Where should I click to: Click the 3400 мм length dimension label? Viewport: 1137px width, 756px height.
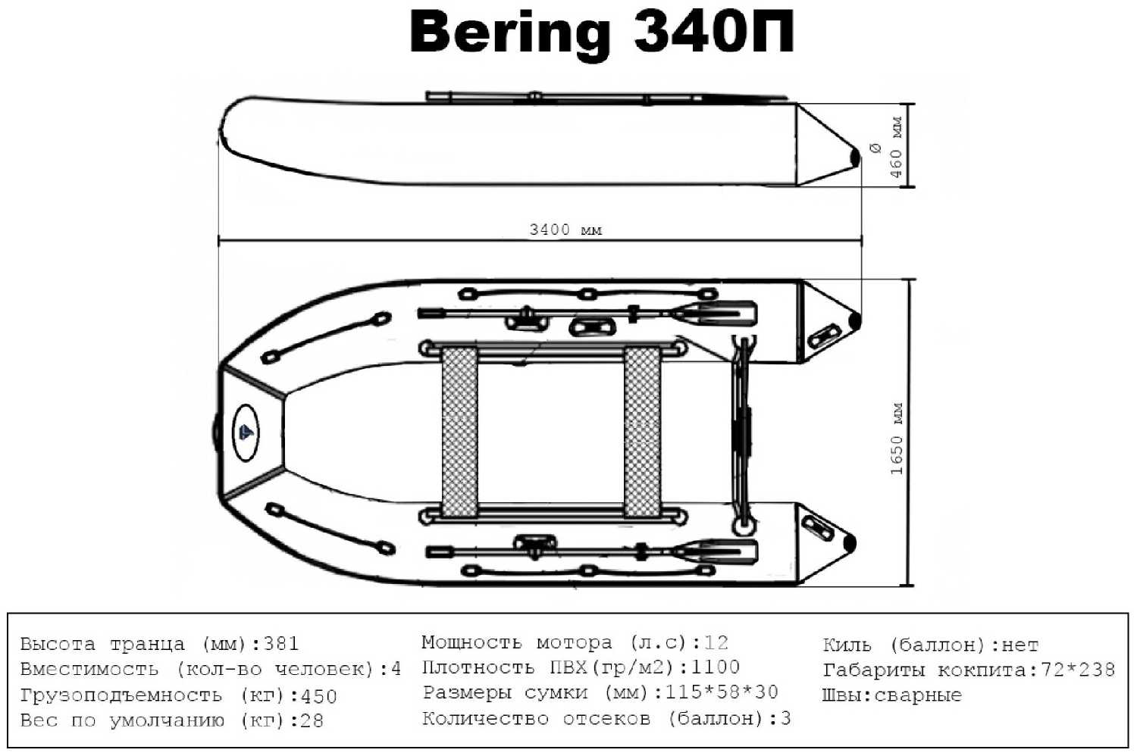(565, 230)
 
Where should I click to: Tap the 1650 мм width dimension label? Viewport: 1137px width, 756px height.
(897, 439)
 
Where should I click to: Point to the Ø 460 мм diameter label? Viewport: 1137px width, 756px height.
(887, 148)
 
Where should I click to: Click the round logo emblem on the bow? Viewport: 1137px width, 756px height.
(245, 433)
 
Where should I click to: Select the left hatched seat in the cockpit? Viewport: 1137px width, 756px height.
(459, 432)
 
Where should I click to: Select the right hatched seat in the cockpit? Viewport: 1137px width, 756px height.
(641, 432)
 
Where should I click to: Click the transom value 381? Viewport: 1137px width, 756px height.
(280, 644)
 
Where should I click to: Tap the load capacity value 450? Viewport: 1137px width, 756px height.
(318, 696)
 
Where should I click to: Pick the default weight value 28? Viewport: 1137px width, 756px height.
(312, 720)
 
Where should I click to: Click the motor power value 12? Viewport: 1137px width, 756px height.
(716, 643)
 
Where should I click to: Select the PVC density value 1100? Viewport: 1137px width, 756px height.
(715, 667)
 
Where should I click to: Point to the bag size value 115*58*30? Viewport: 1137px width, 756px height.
(720, 692)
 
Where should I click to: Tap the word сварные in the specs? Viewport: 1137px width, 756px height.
(918, 695)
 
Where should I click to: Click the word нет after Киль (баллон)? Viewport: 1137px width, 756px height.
(1020, 645)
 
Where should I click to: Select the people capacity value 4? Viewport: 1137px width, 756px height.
(395, 670)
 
